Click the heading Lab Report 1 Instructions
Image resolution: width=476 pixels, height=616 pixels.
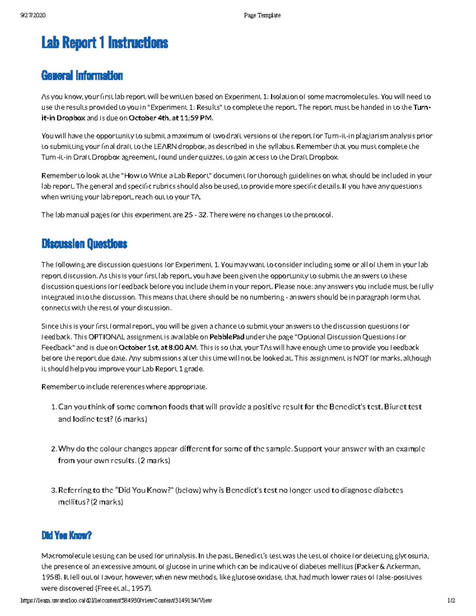[105, 43]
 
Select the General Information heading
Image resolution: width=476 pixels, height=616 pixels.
[82, 75]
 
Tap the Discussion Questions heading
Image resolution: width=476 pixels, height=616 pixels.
[84, 244]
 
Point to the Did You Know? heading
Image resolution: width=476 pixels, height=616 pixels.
[67, 535]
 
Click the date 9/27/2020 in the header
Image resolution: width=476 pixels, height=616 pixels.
[33, 15]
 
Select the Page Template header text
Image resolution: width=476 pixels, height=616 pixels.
[262, 15]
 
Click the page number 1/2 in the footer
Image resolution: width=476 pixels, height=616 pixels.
[451, 601]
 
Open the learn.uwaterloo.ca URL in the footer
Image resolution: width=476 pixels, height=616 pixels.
[116, 601]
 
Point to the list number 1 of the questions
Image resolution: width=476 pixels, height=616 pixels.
[54, 407]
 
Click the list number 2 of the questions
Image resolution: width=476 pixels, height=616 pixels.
[54, 449]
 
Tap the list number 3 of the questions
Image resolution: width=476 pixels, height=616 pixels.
[54, 490]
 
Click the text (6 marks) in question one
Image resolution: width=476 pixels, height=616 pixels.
[131, 419]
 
